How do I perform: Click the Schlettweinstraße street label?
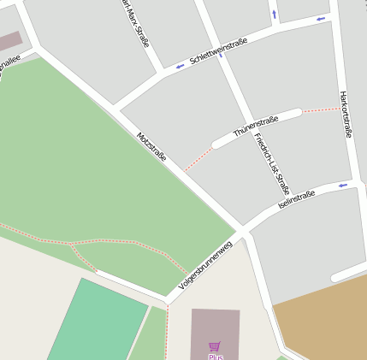pos(219,53)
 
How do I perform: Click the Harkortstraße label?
pos(346,114)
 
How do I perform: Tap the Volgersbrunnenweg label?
pos(205,266)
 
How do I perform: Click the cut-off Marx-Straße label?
pos(130,15)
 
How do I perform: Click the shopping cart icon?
pos(215,346)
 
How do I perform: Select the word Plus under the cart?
pos(215,357)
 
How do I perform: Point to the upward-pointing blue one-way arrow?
pos(274,14)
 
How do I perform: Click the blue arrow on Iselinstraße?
pos(342,185)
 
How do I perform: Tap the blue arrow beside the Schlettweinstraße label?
pos(180,66)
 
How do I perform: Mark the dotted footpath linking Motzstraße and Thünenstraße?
pos(198,159)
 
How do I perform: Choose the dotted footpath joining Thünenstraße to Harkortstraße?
pos(320,109)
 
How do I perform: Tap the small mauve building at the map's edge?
pos(9,40)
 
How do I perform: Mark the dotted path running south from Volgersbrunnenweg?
pos(167,333)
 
